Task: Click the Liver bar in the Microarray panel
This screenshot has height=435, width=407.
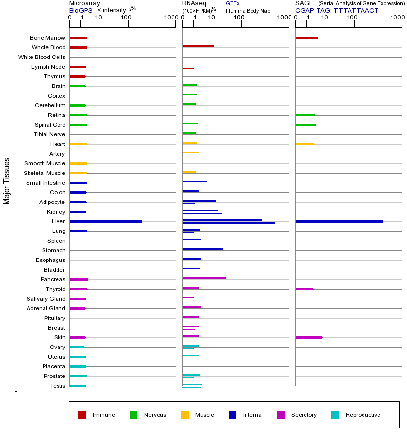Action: click(105, 221)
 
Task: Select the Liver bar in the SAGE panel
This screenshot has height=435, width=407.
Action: click(339, 221)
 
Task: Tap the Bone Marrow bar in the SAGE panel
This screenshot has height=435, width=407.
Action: click(306, 38)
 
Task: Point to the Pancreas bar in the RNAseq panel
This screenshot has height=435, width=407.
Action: click(204, 278)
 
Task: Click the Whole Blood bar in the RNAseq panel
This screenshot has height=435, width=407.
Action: click(198, 46)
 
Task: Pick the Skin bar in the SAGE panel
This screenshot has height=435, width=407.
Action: click(309, 337)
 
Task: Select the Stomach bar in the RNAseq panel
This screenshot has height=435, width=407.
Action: click(203, 249)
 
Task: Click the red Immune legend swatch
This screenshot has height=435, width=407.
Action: click(82, 415)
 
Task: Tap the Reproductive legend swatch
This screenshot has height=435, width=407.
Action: click(335, 415)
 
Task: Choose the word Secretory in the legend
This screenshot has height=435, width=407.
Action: click(304, 415)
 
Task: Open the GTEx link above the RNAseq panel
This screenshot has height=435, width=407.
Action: click(233, 4)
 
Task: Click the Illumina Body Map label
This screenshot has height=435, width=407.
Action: click(248, 11)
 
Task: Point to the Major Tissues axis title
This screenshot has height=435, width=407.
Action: click(7, 181)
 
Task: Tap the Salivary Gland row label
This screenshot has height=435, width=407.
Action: click(46, 299)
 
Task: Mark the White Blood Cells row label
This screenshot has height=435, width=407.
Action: click(42, 57)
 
